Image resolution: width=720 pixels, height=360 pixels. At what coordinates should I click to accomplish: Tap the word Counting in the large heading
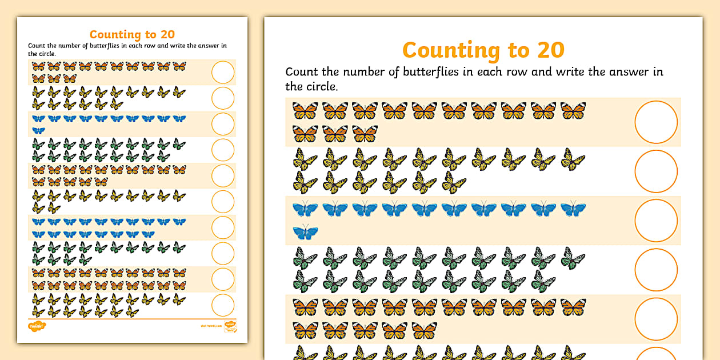447,50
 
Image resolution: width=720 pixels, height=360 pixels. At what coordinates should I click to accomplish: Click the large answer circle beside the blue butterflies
655,221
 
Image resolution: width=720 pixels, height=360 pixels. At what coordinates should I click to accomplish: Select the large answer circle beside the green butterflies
655,270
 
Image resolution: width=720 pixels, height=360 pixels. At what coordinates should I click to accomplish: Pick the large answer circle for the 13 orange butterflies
655,122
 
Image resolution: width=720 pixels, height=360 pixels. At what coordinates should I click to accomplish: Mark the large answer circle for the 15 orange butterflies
655,319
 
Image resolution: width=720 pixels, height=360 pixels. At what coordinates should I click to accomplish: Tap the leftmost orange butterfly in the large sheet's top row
305,110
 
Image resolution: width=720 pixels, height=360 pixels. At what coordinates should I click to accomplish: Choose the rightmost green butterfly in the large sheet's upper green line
573,258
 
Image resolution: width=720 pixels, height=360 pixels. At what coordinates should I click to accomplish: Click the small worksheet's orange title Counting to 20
132,35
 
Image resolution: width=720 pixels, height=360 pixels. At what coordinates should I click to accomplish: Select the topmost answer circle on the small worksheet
223,73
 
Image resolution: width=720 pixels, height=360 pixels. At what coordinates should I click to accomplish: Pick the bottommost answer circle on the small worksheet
223,305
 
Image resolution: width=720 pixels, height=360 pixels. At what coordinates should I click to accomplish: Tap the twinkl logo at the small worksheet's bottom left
36,326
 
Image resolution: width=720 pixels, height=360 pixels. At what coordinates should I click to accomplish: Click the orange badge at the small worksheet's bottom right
230,326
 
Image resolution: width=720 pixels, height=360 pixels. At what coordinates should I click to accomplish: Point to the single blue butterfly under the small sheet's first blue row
38,130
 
